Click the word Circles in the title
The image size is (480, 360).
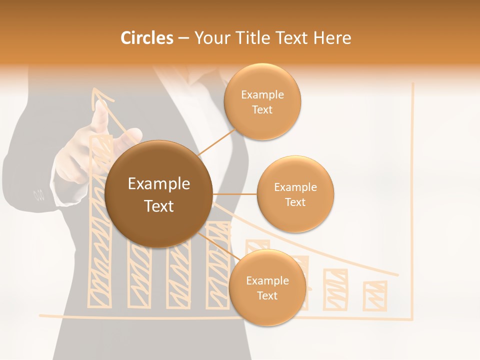coord(146,38)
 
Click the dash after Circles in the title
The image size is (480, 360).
coord(183,38)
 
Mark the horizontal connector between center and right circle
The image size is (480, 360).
coord(234,194)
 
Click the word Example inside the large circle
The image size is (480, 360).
coord(159,184)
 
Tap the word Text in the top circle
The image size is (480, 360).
coord(262,110)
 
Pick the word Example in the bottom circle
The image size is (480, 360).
coord(267,280)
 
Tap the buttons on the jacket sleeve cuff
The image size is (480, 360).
coord(38,194)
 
